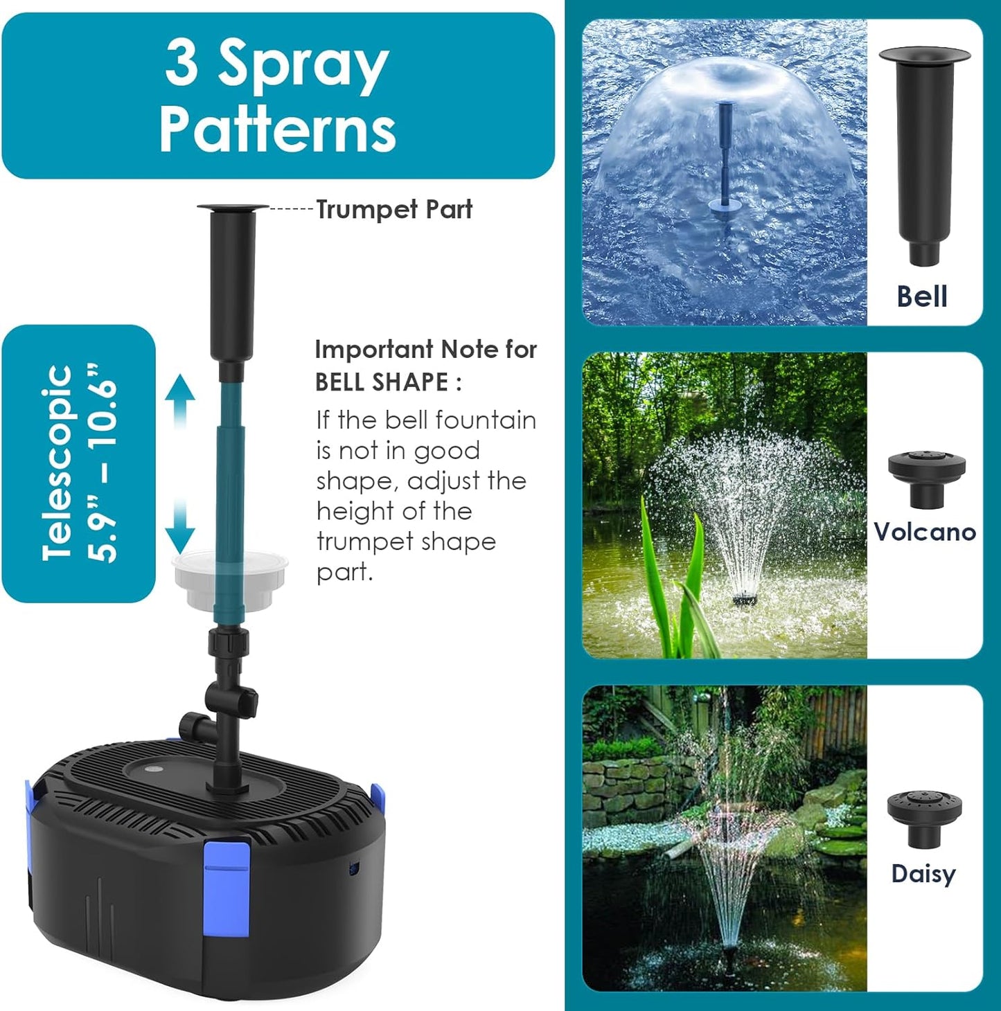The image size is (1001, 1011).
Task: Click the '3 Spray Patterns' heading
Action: coord(277,96)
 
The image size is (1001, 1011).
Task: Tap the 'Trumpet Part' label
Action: coord(393,209)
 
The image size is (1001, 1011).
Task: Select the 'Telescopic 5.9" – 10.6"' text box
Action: coord(78,463)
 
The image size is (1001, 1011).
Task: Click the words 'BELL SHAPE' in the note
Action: coord(381,382)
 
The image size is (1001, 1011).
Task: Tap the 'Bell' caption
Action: coord(921,296)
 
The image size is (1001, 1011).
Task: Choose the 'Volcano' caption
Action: coord(924,532)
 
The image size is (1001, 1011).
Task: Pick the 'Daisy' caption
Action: coord(923,874)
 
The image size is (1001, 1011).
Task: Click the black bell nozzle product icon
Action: coord(923,156)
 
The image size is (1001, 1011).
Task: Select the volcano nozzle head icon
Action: coord(926,478)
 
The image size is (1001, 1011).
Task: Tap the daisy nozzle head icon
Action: coord(924,817)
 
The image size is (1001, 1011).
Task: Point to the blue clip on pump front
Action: coord(227,886)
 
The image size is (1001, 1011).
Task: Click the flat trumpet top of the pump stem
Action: coord(233,207)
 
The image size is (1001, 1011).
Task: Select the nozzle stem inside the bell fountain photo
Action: coord(725,159)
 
